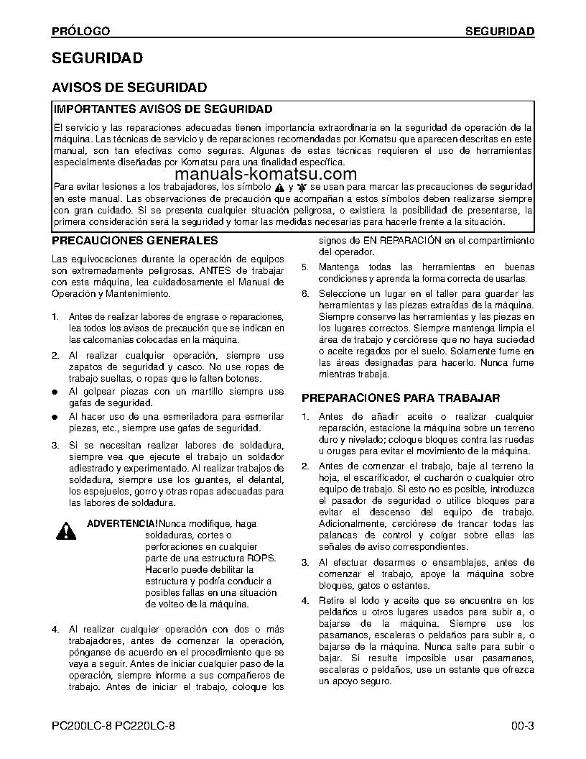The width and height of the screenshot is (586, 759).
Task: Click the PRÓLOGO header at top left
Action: (81, 31)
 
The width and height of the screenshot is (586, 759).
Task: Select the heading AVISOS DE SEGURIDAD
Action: (130, 88)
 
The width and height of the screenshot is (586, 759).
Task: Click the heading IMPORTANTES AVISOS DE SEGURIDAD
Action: (164, 109)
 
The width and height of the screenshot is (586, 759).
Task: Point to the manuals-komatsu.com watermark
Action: (265, 174)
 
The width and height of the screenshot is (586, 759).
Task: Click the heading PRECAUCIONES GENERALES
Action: (135, 240)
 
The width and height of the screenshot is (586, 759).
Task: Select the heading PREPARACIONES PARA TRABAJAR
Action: (401, 397)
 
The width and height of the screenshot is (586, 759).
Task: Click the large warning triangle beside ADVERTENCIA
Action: (67, 532)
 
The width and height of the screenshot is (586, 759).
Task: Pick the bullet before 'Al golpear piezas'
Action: (55, 392)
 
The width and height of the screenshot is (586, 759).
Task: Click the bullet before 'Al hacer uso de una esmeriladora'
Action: (55, 417)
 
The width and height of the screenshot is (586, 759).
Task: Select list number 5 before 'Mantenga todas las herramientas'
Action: (304, 267)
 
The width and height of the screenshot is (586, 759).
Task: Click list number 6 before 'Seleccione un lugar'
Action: (304, 293)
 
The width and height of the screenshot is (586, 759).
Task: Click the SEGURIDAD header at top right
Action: (499, 31)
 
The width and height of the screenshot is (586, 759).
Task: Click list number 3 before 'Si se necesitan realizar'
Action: (55, 446)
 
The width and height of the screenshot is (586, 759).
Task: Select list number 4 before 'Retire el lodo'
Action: (304, 600)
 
